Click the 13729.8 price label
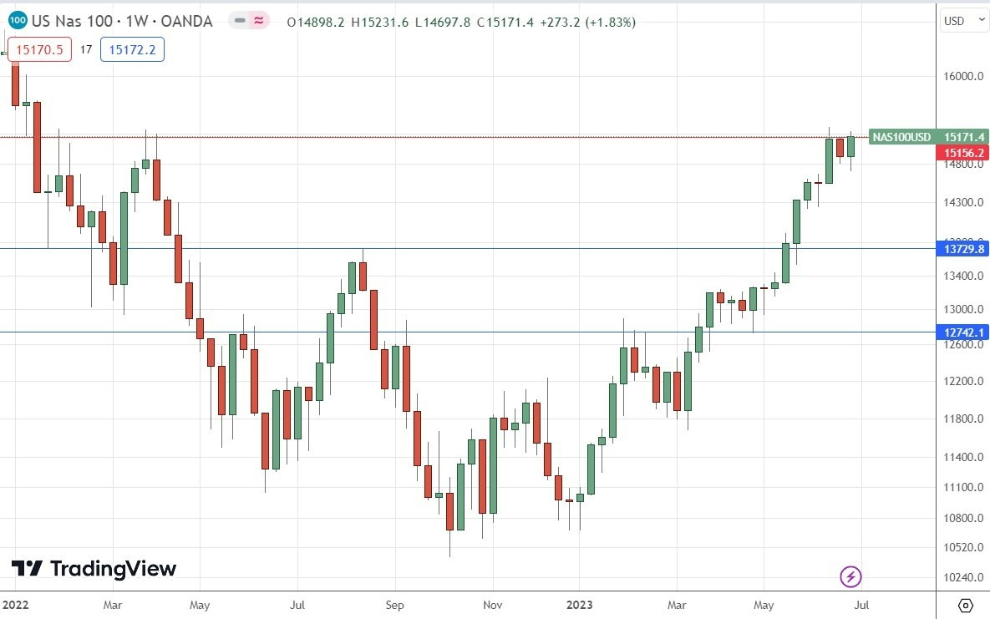pos(965,249)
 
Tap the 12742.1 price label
pos(965,332)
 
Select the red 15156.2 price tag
pos(965,153)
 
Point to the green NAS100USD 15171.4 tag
pos(928,137)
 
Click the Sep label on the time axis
pos(395,603)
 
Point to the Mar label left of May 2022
pos(113,603)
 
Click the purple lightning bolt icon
pos(850,576)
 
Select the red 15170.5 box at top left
pos(36,50)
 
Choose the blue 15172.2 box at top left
pos(132,50)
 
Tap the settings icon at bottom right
pos(965,605)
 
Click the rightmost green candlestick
pos(850,146)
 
